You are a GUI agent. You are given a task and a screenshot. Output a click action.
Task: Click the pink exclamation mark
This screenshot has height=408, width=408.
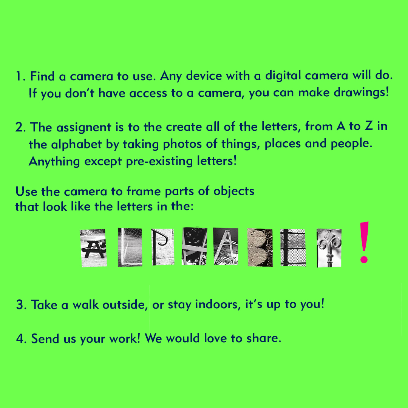click(x=364, y=242)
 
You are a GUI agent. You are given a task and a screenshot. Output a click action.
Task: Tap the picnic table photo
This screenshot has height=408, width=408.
click(x=93, y=248)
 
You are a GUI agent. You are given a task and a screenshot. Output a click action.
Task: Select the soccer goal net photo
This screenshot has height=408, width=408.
click(x=130, y=247)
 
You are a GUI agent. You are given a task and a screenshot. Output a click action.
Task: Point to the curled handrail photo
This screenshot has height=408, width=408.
click(x=162, y=247)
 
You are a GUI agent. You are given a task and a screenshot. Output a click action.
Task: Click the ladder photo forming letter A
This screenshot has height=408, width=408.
click(x=226, y=246)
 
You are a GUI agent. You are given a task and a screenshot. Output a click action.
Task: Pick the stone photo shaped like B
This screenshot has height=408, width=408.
click(x=260, y=247)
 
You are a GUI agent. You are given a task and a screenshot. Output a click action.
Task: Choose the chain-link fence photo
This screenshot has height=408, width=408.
click(x=293, y=248)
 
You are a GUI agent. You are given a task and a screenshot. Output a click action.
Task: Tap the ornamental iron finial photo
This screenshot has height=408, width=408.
click(x=329, y=248)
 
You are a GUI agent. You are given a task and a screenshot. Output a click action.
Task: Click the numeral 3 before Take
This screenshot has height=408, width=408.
click(x=20, y=305)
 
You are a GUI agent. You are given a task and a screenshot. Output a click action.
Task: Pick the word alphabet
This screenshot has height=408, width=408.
click(x=76, y=144)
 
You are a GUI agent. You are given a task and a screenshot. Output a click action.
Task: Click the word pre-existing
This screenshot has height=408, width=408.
click(x=159, y=161)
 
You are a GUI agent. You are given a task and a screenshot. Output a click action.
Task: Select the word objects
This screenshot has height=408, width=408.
click(x=234, y=192)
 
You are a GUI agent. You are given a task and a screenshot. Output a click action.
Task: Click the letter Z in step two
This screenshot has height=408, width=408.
click(x=368, y=126)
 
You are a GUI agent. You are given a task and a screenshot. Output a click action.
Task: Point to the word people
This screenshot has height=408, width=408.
click(x=351, y=144)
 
